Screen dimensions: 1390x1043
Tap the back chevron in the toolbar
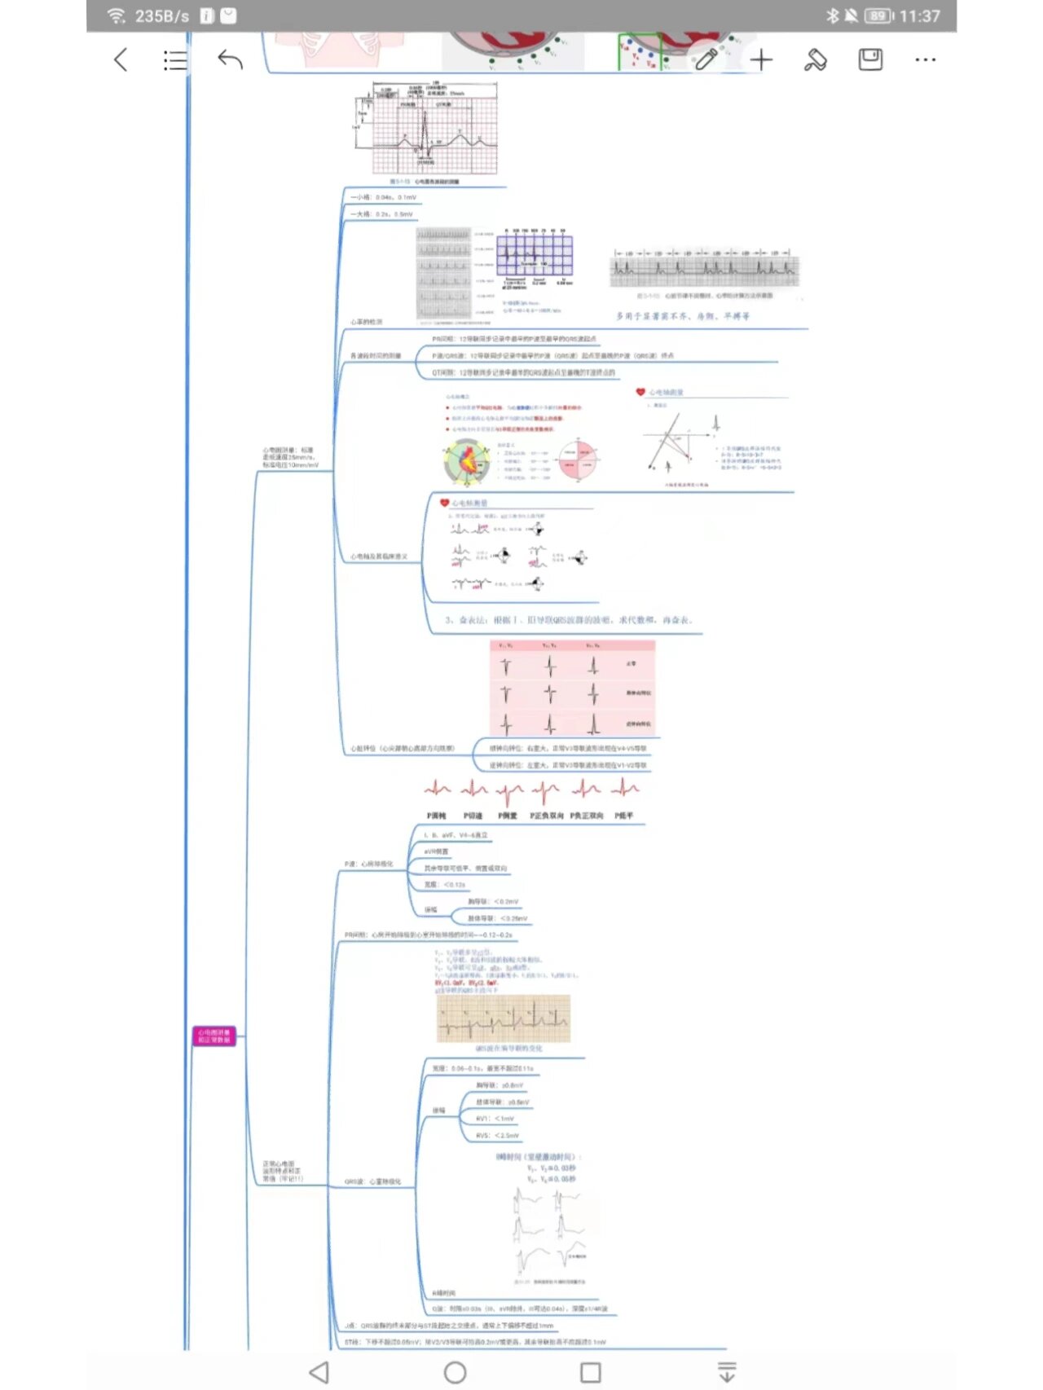tap(121, 59)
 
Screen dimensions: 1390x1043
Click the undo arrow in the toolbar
tap(231, 59)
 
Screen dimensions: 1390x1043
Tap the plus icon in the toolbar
tap(761, 59)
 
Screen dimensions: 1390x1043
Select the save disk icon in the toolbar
tap(870, 59)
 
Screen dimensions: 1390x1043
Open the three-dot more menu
tap(925, 59)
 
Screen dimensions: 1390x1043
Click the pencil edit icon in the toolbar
tap(706, 59)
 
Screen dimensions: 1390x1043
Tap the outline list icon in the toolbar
tap(175, 59)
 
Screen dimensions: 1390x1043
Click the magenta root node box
tap(214, 1036)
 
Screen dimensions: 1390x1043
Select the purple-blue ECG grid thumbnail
tap(535, 256)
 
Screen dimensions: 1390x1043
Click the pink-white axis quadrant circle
tap(579, 460)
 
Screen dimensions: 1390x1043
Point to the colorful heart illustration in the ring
tap(466, 461)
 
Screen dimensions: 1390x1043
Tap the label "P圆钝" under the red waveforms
tap(437, 816)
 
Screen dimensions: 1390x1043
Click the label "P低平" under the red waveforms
tap(624, 816)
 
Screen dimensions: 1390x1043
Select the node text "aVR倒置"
tap(436, 851)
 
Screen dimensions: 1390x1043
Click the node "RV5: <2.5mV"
tap(498, 1135)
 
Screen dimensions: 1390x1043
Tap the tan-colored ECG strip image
tap(504, 1018)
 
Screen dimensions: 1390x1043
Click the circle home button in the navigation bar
tap(455, 1372)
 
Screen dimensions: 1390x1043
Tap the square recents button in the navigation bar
tap(591, 1372)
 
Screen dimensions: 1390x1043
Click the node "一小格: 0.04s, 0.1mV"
tap(383, 197)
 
